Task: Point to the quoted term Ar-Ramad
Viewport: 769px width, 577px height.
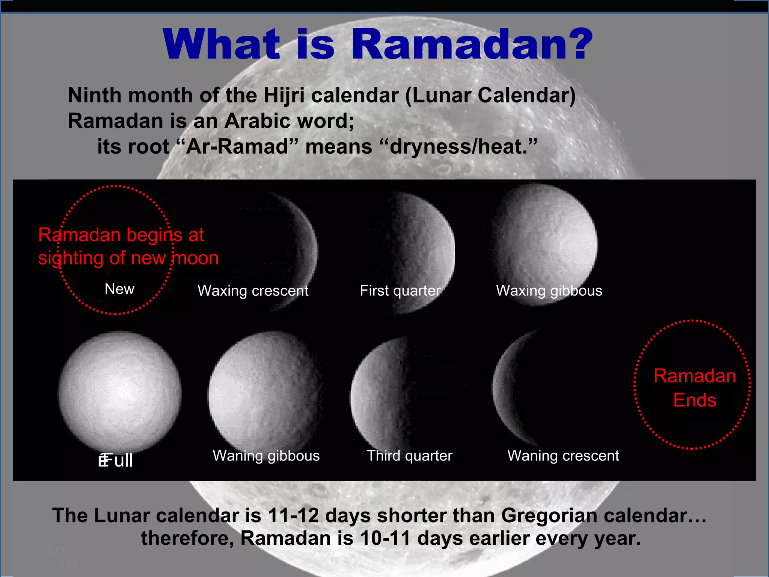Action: [237, 147]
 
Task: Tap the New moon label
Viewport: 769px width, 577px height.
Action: [119, 289]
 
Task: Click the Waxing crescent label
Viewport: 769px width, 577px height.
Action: [253, 291]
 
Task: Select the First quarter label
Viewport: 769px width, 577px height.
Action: [400, 291]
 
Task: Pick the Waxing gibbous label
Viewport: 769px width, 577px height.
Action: [549, 291]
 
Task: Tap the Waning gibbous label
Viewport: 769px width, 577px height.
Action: [266, 456]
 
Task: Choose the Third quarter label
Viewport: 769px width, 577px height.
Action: [409, 456]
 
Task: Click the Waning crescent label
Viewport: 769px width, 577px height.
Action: [563, 456]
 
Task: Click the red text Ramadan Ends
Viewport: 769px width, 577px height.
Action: [694, 388]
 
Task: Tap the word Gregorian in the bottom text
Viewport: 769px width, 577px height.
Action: [549, 515]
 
